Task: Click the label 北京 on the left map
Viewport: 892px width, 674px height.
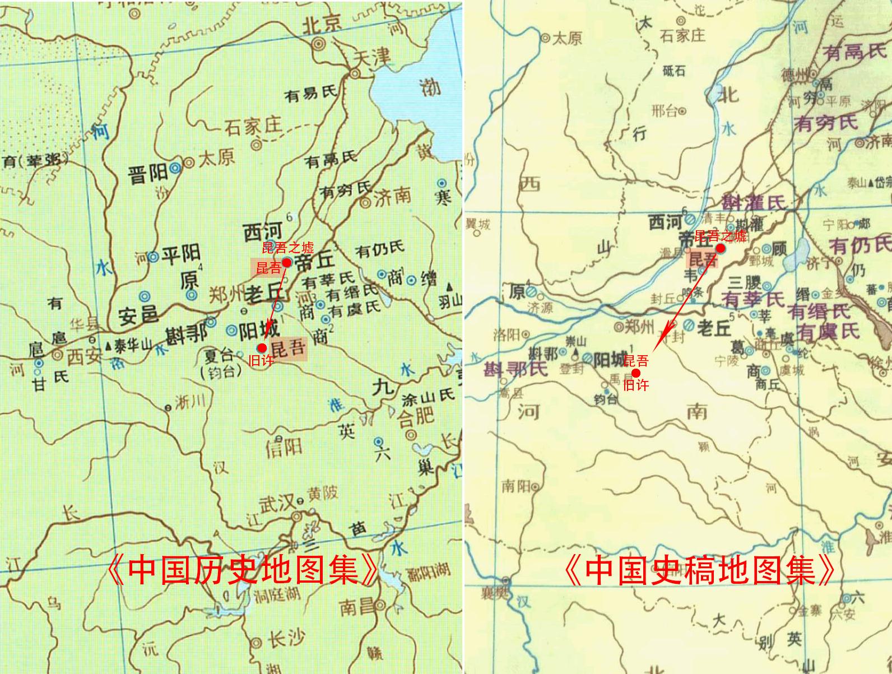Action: tap(322, 24)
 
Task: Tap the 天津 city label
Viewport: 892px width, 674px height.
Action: tap(373, 57)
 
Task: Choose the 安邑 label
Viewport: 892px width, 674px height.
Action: tap(138, 315)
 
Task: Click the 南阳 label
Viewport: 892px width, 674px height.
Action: tap(516, 485)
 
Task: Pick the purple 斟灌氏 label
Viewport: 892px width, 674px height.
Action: tap(754, 203)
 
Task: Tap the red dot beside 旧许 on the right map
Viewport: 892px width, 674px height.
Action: tap(636, 373)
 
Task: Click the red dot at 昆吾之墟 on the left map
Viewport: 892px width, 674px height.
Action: tap(286, 262)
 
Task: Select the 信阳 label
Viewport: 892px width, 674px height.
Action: tap(284, 447)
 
